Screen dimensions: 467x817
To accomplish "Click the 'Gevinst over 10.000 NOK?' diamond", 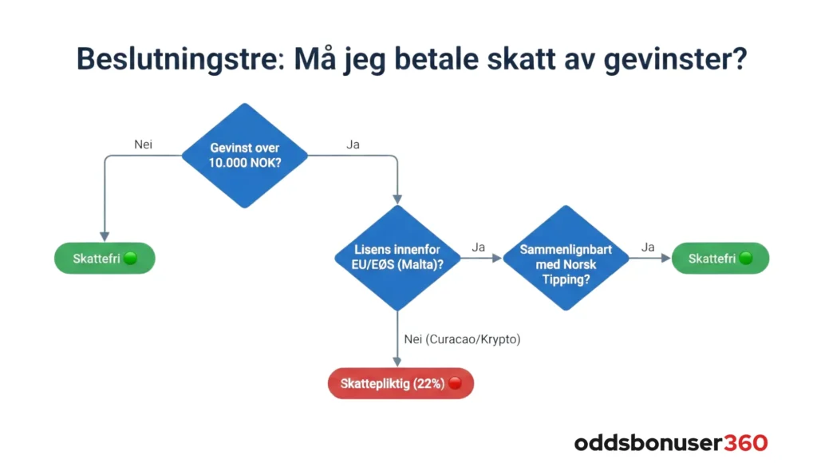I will click(245, 156).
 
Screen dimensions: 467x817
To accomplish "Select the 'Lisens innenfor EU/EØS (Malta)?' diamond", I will click(397, 258).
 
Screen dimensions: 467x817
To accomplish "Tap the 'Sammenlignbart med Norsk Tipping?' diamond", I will click(566, 258).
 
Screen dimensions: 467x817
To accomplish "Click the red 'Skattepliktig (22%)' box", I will click(401, 383).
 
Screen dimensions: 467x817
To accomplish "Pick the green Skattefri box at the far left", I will click(104, 259).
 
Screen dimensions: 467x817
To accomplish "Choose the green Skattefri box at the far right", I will click(720, 259).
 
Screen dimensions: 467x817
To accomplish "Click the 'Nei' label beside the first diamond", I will click(143, 144).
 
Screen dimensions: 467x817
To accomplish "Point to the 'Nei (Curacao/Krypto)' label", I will click(462, 339).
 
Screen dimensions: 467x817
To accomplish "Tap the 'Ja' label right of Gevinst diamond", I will click(353, 144).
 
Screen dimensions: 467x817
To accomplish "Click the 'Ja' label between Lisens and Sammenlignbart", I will click(479, 247).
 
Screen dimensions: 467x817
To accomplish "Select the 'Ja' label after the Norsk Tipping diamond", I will click(647, 247).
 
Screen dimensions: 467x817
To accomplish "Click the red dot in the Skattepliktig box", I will click(455, 383).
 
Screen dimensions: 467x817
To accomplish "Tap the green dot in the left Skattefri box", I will click(130, 259).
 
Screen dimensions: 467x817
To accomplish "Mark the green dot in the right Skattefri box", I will click(746, 259).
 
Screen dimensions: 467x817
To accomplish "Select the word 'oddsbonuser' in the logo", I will click(648, 442).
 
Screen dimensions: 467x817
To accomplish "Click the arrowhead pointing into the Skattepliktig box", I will click(397, 362).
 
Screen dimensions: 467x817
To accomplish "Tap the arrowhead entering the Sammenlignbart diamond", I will click(497, 258).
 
